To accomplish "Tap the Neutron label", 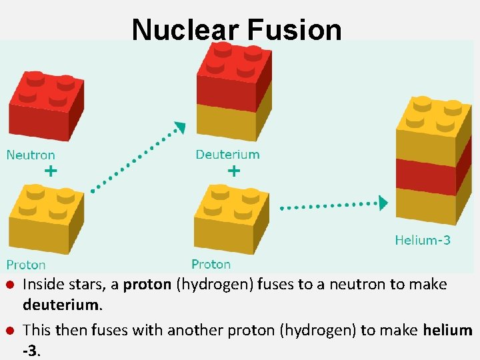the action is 31,155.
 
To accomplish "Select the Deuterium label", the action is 227,155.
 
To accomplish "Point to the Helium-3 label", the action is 423,240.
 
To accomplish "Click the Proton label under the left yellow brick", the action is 26,265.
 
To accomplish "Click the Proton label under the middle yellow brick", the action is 211,264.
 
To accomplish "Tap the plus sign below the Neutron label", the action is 51,171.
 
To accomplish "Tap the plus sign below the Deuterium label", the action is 234,171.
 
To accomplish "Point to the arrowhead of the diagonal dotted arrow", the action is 179,127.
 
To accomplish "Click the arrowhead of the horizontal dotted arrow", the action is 383,203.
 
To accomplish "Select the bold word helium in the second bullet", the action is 447,330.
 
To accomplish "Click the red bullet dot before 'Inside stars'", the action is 10,285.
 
